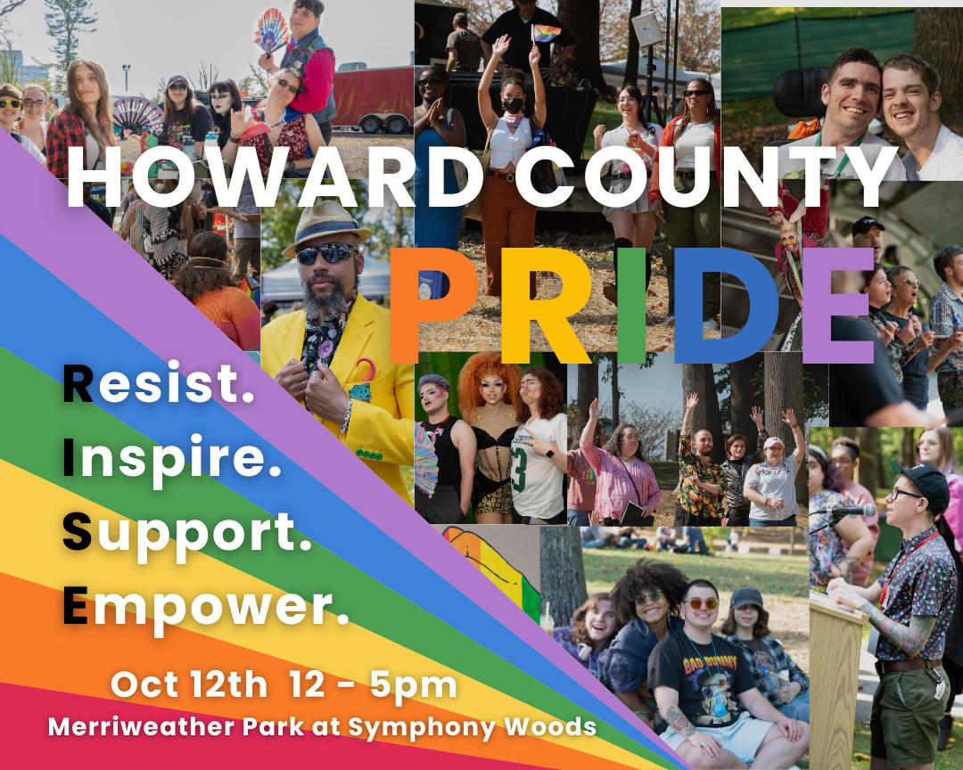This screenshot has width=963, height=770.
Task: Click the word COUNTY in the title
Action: click(x=704, y=176)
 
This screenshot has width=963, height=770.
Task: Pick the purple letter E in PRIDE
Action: click(x=838, y=306)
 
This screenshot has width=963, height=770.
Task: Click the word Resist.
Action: click(x=159, y=383)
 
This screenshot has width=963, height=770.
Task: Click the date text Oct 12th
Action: click(x=189, y=684)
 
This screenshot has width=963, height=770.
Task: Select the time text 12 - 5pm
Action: click(x=373, y=685)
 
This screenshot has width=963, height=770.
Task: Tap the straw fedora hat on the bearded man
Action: click(x=326, y=228)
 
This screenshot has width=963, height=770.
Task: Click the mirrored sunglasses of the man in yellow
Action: click(x=326, y=252)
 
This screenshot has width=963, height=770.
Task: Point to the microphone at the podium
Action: click(x=852, y=511)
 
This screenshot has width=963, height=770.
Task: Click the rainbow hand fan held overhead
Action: click(x=271, y=30)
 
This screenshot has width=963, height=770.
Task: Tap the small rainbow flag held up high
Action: click(x=546, y=33)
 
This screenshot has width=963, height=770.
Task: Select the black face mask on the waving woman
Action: click(x=513, y=105)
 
